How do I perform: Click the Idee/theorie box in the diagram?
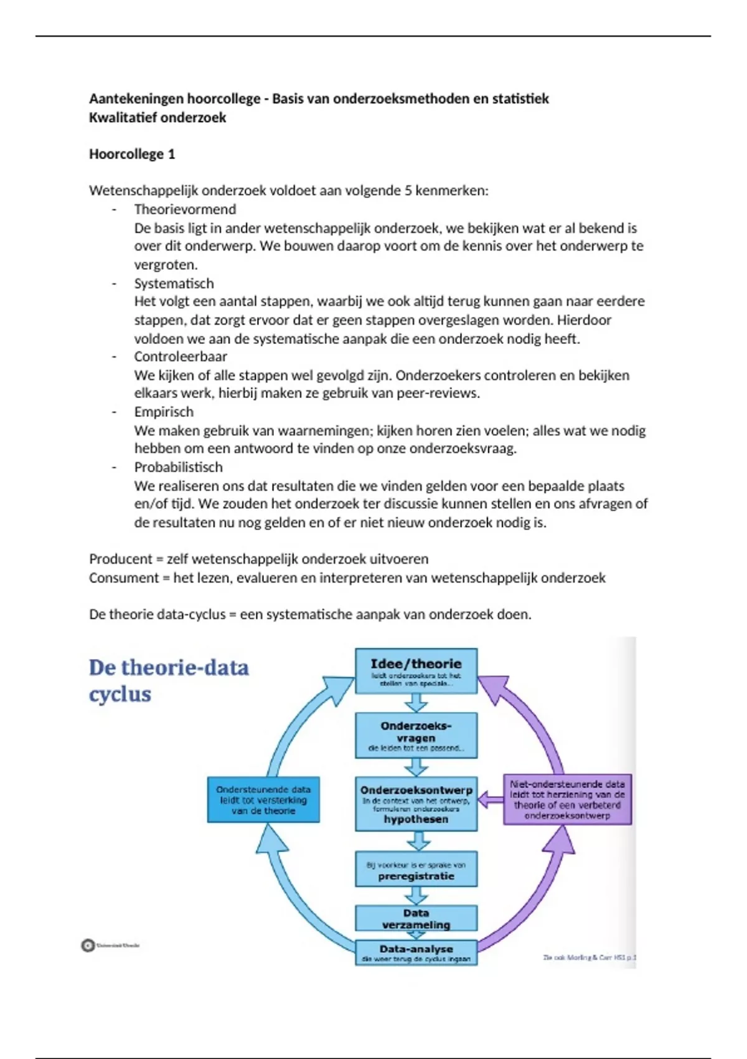pyautogui.click(x=416, y=670)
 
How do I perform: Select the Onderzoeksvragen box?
pyautogui.click(x=416, y=735)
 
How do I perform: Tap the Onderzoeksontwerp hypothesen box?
pyautogui.click(x=416, y=804)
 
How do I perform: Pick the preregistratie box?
pyautogui.click(x=416, y=870)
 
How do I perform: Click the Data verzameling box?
pyautogui.click(x=416, y=918)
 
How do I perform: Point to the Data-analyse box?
pyautogui.click(x=416, y=952)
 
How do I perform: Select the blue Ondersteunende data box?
pyautogui.click(x=263, y=800)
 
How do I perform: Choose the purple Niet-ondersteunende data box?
pyautogui.click(x=567, y=800)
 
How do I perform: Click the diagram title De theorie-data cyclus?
pyautogui.click(x=169, y=680)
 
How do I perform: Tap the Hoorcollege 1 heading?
pyautogui.click(x=132, y=154)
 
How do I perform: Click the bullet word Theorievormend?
pyautogui.click(x=185, y=209)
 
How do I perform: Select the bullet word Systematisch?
pyautogui.click(x=174, y=283)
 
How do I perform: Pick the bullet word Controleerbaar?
pyautogui.click(x=181, y=356)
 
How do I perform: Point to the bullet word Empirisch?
pyautogui.click(x=164, y=412)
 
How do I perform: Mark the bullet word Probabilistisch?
pyautogui.click(x=178, y=467)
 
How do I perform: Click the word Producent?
pyautogui.click(x=121, y=559)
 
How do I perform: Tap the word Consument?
pyautogui.click(x=124, y=577)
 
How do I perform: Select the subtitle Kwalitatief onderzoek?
pyautogui.click(x=157, y=118)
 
